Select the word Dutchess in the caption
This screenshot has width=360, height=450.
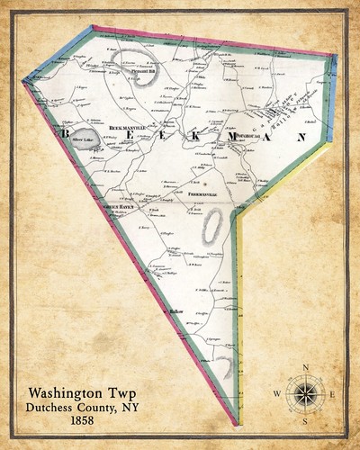[46, 406]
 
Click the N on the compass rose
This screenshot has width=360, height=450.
[306, 365]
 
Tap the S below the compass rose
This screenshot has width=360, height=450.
[306, 421]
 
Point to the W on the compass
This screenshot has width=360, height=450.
[277, 394]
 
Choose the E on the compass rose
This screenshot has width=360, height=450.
[334, 394]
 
